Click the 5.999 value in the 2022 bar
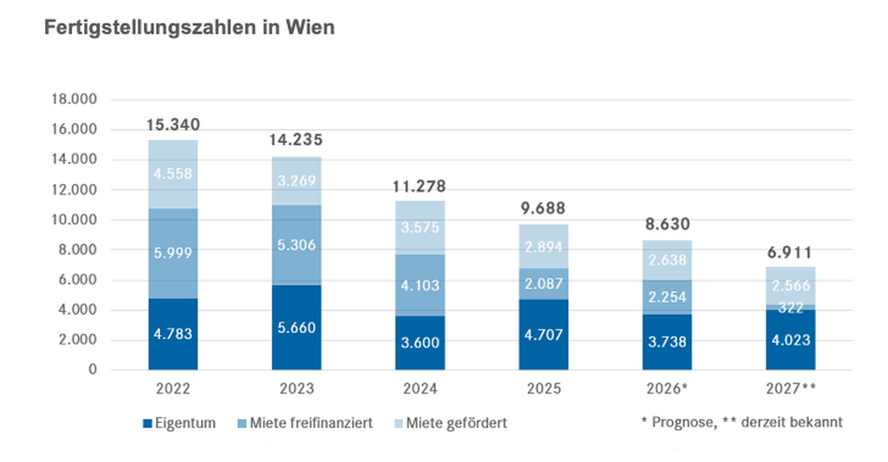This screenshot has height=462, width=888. pos(173,252)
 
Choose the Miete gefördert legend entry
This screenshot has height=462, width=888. pos(459,423)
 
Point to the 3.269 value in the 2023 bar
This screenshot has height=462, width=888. pos(297,181)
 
